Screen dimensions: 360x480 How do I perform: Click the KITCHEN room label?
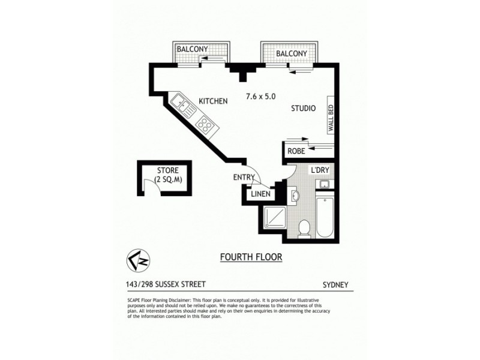pyautogui.click(x=213, y=101)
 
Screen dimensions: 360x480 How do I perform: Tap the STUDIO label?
pyautogui.click(x=304, y=109)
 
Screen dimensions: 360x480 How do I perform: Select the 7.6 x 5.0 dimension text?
pyautogui.click(x=260, y=96)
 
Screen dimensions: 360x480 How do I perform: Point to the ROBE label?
pyautogui.click(x=296, y=151)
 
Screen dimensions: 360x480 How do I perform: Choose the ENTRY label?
pyautogui.click(x=244, y=177)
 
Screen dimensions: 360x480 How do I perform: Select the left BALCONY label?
pyautogui.click(x=193, y=49)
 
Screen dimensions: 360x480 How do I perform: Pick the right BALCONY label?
pyautogui.click(x=291, y=54)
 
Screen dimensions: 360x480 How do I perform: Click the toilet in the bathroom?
pyautogui.click(x=304, y=228)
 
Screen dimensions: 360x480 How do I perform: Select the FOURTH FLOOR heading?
pyautogui.click(x=251, y=257)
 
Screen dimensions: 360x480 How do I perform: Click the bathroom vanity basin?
pyautogui.click(x=295, y=195)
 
